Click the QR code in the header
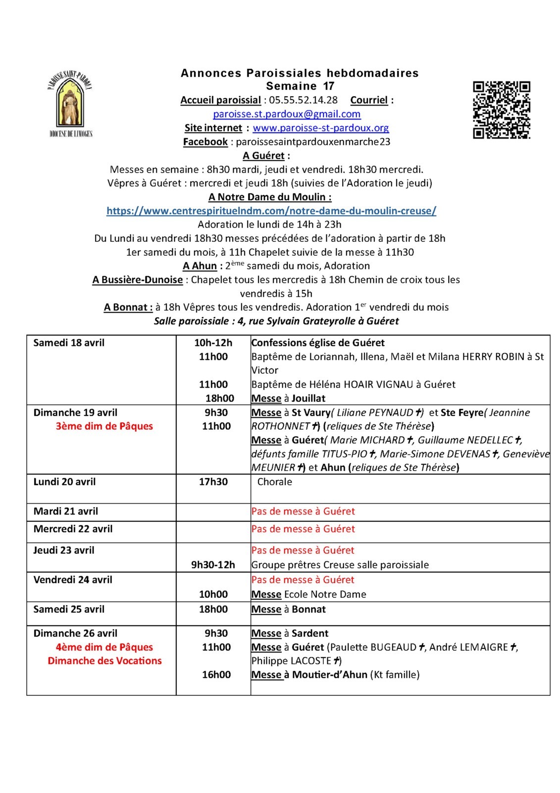502,110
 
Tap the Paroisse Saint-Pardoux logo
70,104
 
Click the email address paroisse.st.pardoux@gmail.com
287,114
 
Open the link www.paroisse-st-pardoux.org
320,128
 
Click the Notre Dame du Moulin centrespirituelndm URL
271,211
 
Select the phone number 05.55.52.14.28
304,100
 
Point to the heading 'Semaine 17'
300,86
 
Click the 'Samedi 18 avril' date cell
69,342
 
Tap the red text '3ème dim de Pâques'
104,426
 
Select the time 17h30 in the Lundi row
213,482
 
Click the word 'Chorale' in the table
274,482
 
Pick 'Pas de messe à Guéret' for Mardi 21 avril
303,511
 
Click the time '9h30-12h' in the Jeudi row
213,565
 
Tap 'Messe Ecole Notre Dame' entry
308,594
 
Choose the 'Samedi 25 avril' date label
69,609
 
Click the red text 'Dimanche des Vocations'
104,661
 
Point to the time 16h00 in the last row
216,675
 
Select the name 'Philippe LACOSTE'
291,661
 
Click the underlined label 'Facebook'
205,142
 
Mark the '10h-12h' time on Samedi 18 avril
213,342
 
